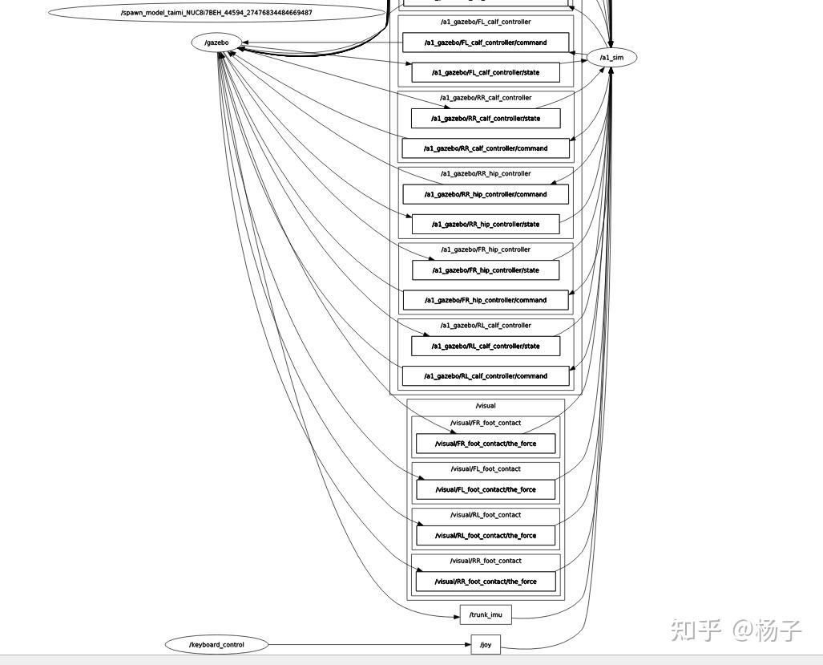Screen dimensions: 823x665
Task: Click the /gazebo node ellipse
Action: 217,43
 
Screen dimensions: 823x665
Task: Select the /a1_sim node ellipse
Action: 611,57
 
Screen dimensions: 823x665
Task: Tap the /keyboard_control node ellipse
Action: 216,644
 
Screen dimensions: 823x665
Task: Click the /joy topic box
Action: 486,644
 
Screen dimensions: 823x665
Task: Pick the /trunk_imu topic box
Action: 486,614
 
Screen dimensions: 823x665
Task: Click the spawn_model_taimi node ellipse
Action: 216,13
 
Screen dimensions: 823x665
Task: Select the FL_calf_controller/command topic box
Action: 486,43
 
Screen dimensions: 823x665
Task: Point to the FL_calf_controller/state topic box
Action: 486,72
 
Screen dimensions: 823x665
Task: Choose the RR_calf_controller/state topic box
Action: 486,118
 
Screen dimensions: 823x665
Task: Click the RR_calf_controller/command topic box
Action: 486,148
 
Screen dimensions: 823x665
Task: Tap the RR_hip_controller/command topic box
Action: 486,194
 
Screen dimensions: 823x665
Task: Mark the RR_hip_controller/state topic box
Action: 486,225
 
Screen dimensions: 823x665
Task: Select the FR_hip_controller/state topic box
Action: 486,270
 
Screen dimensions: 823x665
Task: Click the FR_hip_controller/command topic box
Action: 486,300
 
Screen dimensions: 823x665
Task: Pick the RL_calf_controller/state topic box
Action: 486,347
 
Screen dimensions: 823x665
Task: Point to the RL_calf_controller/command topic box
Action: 486,376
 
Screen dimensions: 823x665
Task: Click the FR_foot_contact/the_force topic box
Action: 486,444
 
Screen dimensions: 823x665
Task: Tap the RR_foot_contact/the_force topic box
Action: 486,582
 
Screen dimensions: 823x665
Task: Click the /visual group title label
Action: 486,406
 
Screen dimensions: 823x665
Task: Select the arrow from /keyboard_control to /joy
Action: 369,644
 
